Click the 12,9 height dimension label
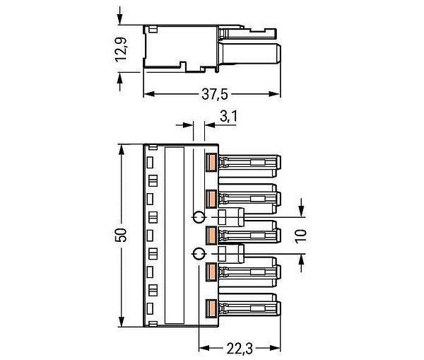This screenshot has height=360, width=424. pyautogui.click(x=121, y=50)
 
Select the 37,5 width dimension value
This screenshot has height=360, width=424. pyautogui.click(x=215, y=95)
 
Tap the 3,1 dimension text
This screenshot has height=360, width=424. pyautogui.click(x=228, y=117)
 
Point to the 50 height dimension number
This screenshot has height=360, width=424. pyautogui.click(x=121, y=235)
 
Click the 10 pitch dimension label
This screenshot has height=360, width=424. pyautogui.click(x=301, y=236)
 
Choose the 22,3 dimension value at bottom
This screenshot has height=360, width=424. pyautogui.click(x=240, y=349)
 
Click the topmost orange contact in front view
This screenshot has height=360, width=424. pyautogui.click(x=211, y=163)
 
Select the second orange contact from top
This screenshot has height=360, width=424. pyautogui.click(x=211, y=199)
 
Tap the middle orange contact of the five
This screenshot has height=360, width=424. pyautogui.click(x=211, y=236)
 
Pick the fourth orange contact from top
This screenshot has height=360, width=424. pyautogui.click(x=211, y=272)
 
